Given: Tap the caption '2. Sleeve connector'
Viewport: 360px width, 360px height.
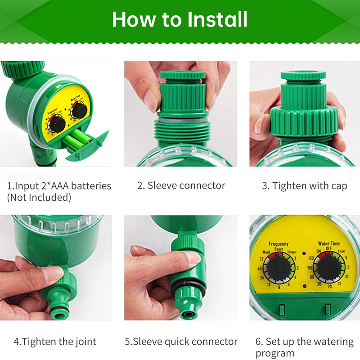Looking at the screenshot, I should click(181, 185).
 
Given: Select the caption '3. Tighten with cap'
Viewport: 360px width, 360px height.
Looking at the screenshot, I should click(305, 186).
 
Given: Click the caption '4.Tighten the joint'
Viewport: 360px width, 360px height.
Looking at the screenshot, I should click(55, 342).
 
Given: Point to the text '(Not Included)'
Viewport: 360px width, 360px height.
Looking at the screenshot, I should click(39, 197).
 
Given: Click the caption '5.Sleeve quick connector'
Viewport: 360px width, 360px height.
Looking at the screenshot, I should click(181, 342).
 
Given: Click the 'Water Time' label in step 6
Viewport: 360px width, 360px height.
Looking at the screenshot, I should click(329, 243).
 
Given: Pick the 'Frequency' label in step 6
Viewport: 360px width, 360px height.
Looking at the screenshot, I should click(279, 243).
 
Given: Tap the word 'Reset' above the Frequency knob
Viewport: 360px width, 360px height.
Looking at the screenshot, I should click(279, 249).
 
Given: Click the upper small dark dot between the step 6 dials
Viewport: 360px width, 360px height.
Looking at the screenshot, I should click(304, 253).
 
